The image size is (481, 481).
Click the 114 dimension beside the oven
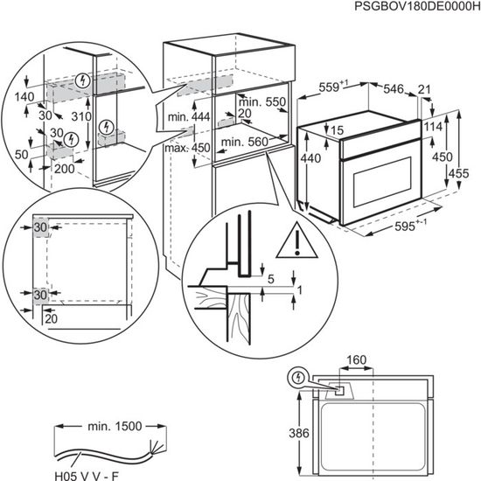coord(433,129)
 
